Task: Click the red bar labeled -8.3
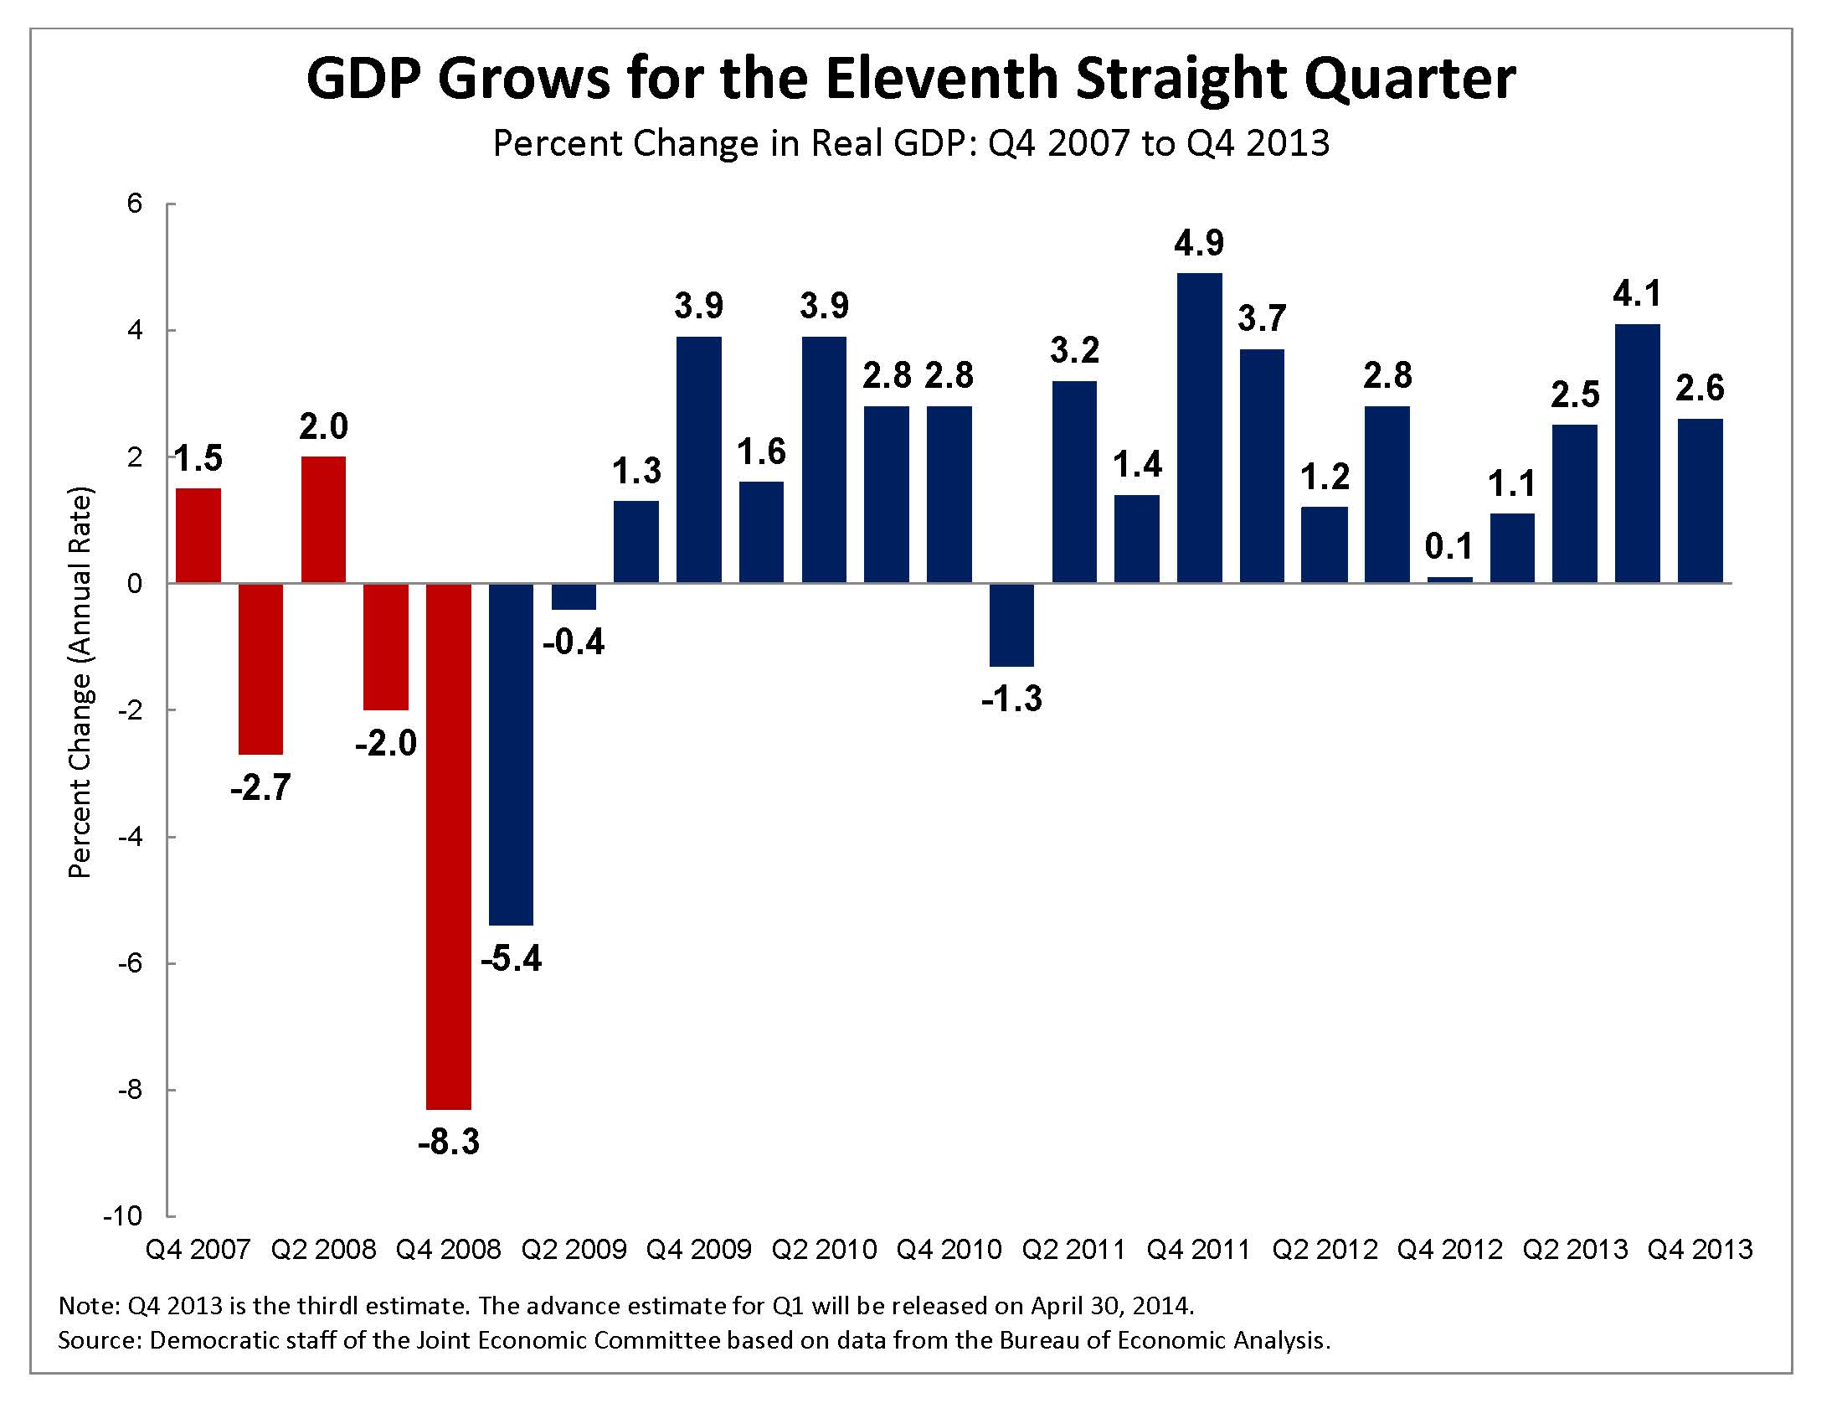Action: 449,845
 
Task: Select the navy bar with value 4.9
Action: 1199,428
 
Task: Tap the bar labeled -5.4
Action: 511,753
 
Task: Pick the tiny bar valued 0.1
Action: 1450,580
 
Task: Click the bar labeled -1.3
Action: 1012,624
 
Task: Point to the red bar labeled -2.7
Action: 260,668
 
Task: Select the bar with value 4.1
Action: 1637,453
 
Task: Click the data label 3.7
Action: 1262,319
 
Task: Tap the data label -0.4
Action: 574,642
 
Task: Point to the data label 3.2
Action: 1074,350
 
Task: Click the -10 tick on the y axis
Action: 123,1215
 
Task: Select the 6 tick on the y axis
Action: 135,204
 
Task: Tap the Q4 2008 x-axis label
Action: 449,1250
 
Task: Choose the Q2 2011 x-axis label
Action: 1073,1250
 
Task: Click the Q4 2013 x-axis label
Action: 1701,1250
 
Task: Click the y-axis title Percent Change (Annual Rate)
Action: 80,684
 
